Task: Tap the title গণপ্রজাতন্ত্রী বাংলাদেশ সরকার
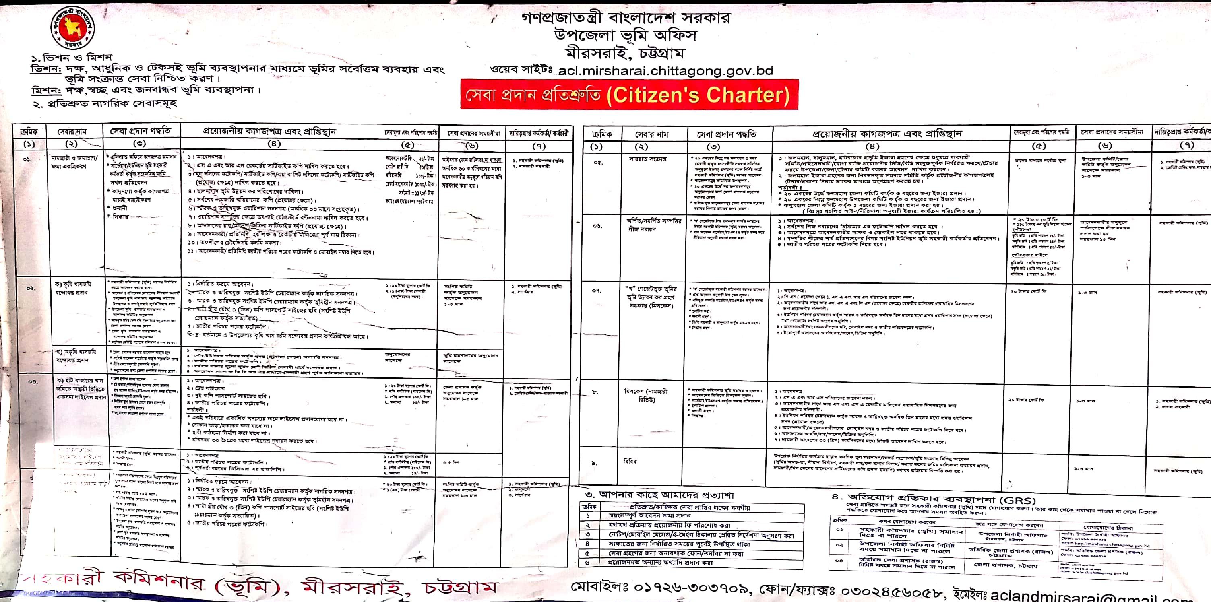[626, 19]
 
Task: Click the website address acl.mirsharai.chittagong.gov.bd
[665, 71]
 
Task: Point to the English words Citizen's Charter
[698, 95]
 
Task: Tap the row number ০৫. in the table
[597, 162]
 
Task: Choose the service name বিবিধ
[630, 461]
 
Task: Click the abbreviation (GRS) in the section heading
[1018, 501]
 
